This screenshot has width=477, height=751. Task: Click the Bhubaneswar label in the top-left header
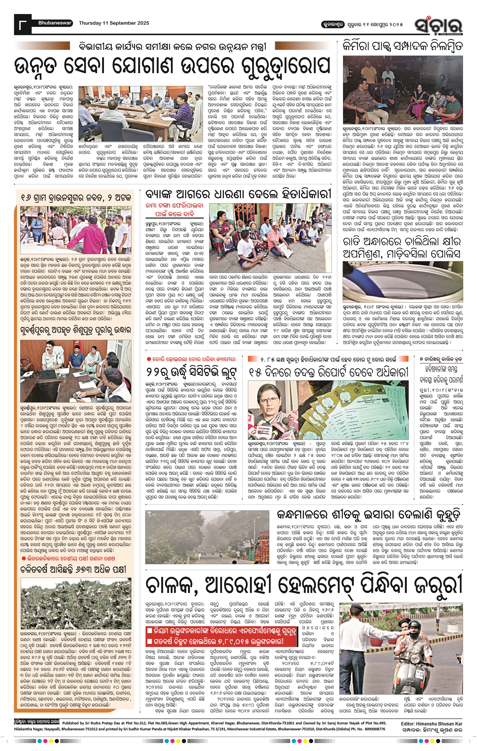tap(55, 23)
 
